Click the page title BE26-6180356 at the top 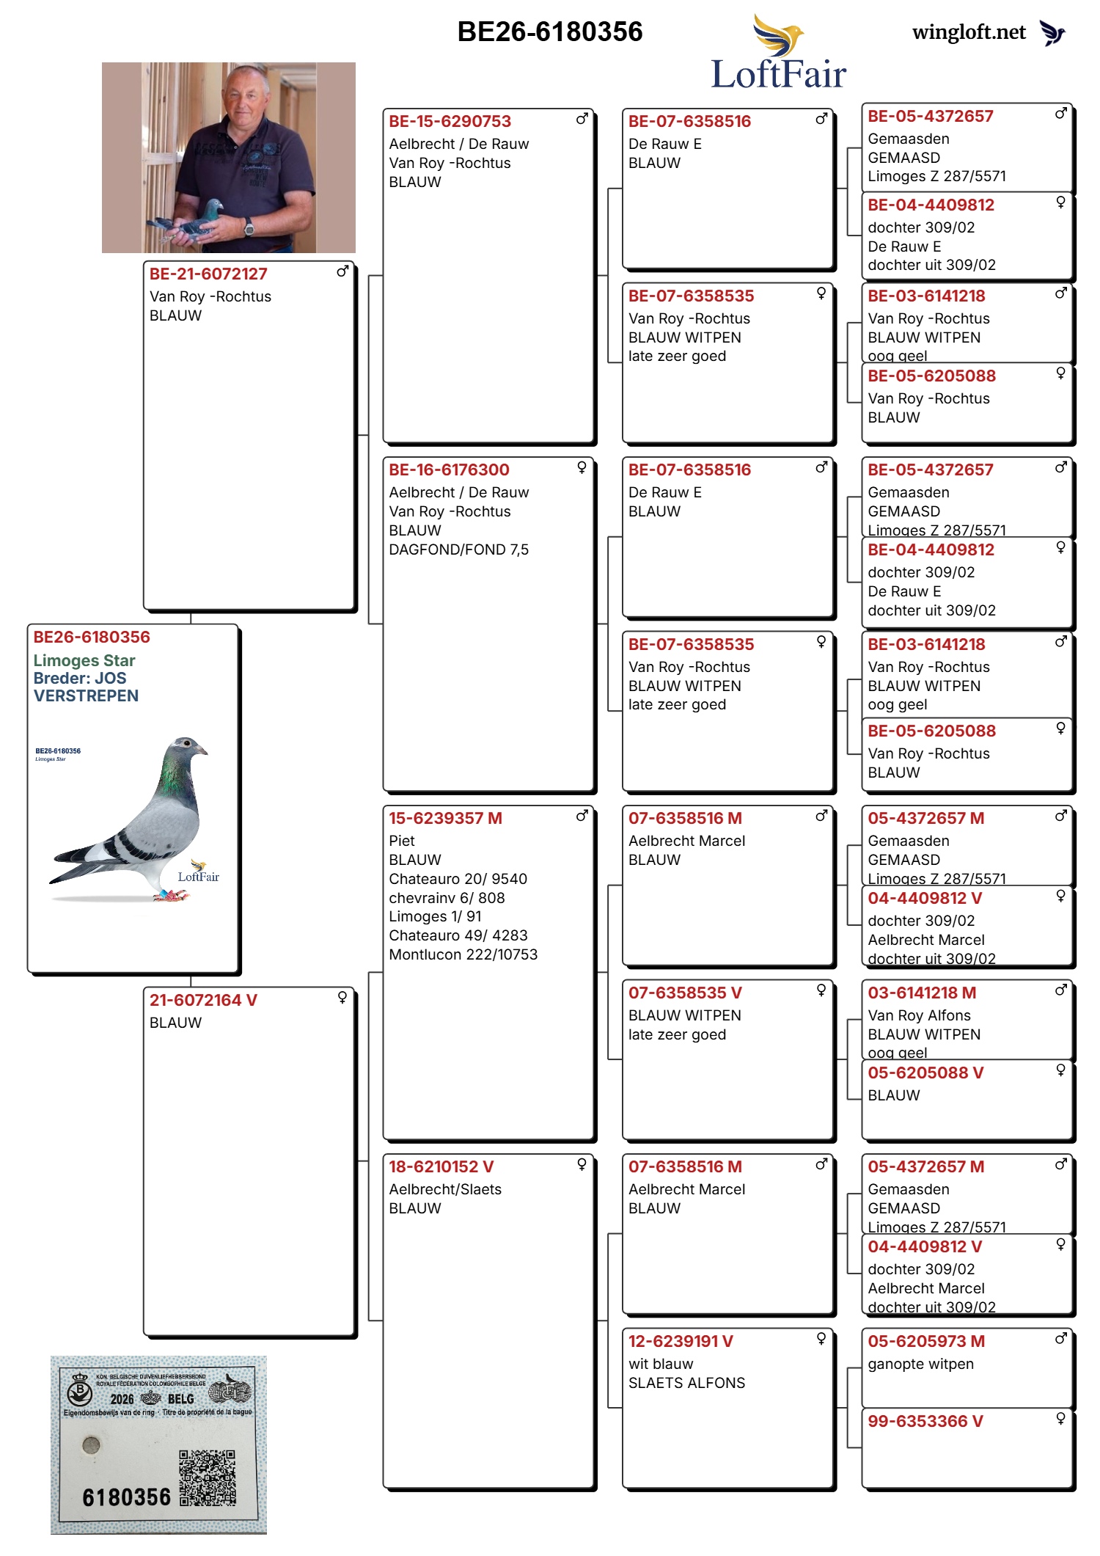tap(549, 32)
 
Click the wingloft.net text tap(968, 32)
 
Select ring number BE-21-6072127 tap(208, 274)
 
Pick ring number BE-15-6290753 tap(450, 122)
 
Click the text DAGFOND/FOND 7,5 tap(458, 549)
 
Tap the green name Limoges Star tap(84, 660)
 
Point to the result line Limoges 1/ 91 tap(435, 916)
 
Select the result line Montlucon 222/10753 tap(463, 954)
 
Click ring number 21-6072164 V tap(203, 1001)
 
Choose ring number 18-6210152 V tap(441, 1166)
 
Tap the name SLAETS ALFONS tap(686, 1383)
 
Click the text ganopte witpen tap(920, 1364)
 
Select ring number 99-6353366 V tap(925, 1421)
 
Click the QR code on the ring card tap(208, 1478)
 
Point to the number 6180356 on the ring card tap(126, 1497)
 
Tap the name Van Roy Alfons tap(919, 1015)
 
